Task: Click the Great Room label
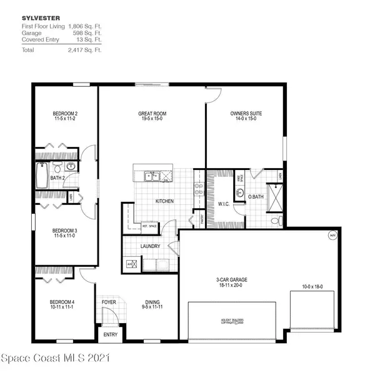point(152,114)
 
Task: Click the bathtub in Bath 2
point(42,174)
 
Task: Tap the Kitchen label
point(164,201)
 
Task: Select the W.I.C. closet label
point(225,202)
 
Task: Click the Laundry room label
point(151,246)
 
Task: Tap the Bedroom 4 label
point(63,303)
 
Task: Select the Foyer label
point(109,302)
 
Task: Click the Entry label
point(110,334)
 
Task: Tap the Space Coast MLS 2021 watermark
point(56,359)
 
